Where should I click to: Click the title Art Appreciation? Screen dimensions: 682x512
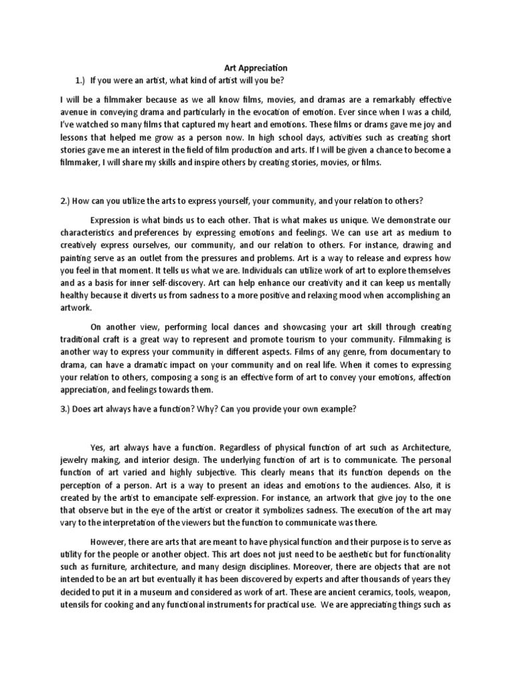coord(255,67)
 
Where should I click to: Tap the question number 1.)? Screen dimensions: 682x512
coord(82,80)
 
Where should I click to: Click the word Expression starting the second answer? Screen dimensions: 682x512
coord(111,220)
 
